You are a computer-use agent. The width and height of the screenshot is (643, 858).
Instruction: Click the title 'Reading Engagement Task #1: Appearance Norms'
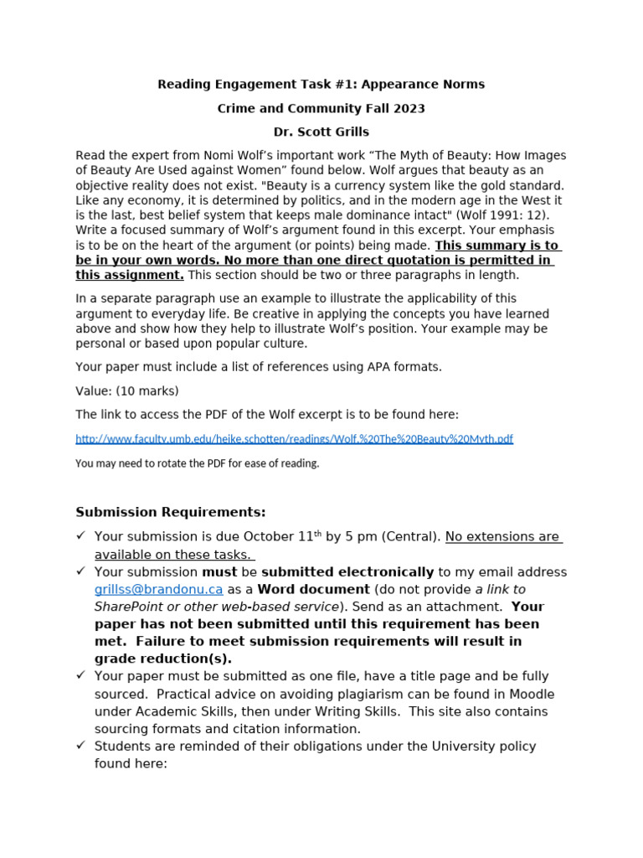[x=321, y=84]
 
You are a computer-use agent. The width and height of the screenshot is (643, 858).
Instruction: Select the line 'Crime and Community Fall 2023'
[x=321, y=108]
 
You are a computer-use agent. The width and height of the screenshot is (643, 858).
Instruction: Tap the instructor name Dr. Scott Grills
[x=321, y=132]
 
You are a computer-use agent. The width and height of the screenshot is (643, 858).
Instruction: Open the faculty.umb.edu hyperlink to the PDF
[x=294, y=439]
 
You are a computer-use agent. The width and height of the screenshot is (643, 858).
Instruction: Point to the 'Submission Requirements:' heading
[x=171, y=512]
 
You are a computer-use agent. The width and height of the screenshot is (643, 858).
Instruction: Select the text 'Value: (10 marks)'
[x=127, y=390]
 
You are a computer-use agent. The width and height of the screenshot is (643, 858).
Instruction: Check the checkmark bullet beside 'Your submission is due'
[x=81, y=536]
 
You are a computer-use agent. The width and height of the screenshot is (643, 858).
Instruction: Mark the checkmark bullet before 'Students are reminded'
[x=81, y=746]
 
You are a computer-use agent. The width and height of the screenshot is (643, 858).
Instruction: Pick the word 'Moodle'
[x=532, y=694]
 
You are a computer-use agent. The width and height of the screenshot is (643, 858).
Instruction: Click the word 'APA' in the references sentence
[x=362, y=366]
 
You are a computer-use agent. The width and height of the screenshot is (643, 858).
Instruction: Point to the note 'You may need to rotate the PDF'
[x=198, y=463]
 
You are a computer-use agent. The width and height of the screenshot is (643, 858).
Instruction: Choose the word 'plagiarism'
[x=356, y=694]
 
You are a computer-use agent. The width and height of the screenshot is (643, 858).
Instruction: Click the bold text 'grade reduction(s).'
[x=163, y=659]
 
